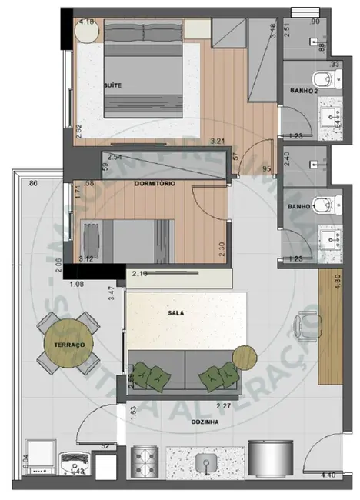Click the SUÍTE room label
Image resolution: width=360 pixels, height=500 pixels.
point(113,85)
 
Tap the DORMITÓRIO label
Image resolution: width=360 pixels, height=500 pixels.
point(155,184)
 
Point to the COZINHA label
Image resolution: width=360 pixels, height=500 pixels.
point(204,422)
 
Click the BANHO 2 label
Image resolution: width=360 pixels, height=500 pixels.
point(304,92)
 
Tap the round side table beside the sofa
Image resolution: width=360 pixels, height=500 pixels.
point(244,357)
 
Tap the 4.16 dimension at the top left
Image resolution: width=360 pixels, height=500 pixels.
point(86,23)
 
